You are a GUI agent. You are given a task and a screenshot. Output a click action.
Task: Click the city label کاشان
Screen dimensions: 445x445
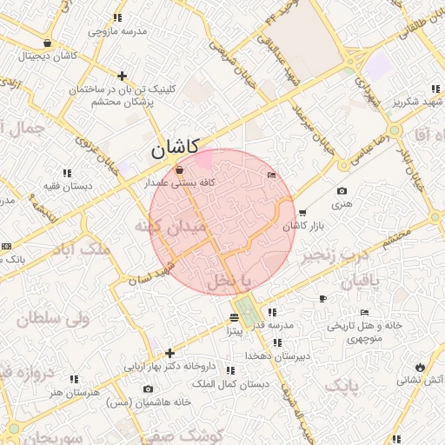point(176,148)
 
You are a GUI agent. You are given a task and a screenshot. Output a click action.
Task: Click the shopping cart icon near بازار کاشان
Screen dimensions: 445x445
point(302,212)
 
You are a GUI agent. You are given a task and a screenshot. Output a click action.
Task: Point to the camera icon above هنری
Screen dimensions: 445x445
point(341,191)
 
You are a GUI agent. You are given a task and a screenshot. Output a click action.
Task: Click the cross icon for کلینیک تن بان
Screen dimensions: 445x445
point(123,76)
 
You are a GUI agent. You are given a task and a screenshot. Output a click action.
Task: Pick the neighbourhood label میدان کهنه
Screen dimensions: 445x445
point(170,228)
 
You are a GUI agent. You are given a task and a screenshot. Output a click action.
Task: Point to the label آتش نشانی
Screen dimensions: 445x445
point(421,380)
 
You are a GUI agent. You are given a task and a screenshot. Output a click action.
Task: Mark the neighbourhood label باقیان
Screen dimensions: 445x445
point(361,282)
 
